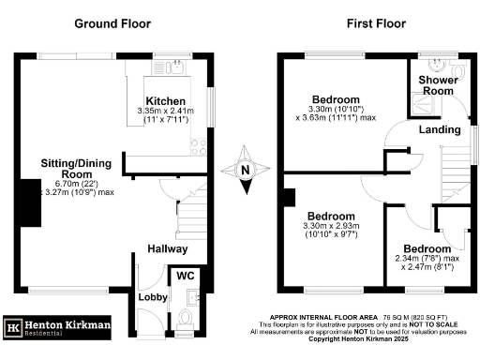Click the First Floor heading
click(369, 22)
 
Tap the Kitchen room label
click(165, 100)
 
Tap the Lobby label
click(153, 297)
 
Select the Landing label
click(440, 128)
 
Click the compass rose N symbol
click(245, 170)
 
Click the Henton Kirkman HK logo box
click(15, 327)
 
